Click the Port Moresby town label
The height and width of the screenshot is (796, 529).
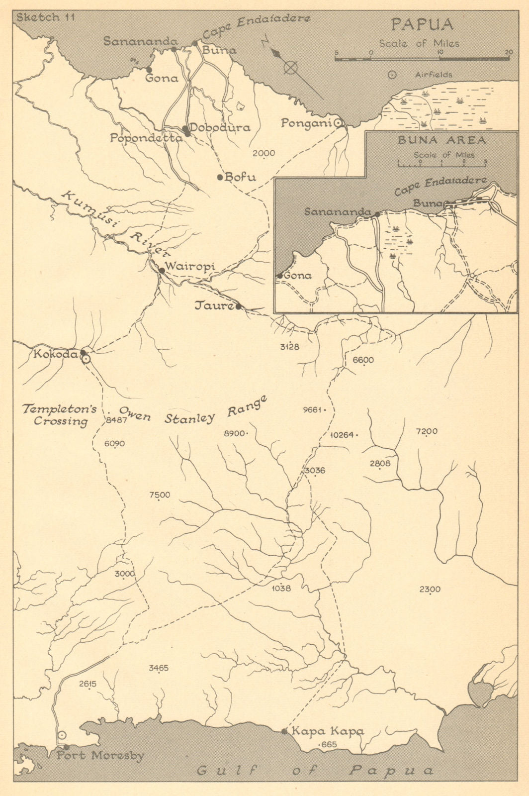[x=100, y=756]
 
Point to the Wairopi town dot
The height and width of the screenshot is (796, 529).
[x=162, y=271]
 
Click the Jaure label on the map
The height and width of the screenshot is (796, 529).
[x=214, y=306]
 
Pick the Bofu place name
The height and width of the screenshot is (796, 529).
[x=240, y=177]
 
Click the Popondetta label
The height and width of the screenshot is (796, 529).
[x=146, y=139]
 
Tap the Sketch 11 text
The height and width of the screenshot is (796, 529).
[x=45, y=17]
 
